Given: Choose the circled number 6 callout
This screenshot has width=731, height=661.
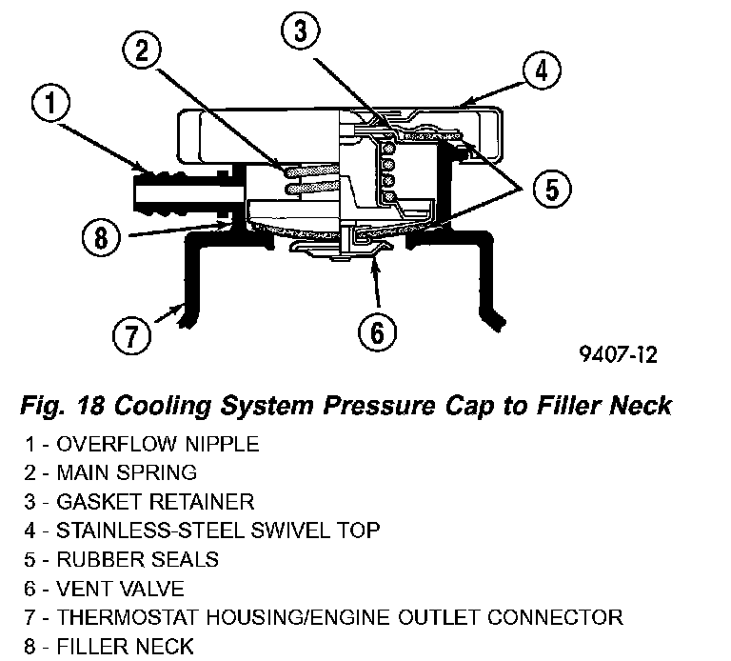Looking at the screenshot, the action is click(x=376, y=332).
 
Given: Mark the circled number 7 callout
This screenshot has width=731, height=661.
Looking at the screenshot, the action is click(x=131, y=335).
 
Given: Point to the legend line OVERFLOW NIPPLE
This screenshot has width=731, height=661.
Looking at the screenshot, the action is click(x=142, y=444).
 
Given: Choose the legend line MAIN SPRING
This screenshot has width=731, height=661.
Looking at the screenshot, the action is click(x=112, y=472).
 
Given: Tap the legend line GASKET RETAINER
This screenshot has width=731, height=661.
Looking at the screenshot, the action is click(x=140, y=501).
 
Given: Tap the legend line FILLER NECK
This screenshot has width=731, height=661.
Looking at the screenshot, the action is click(x=110, y=647).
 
